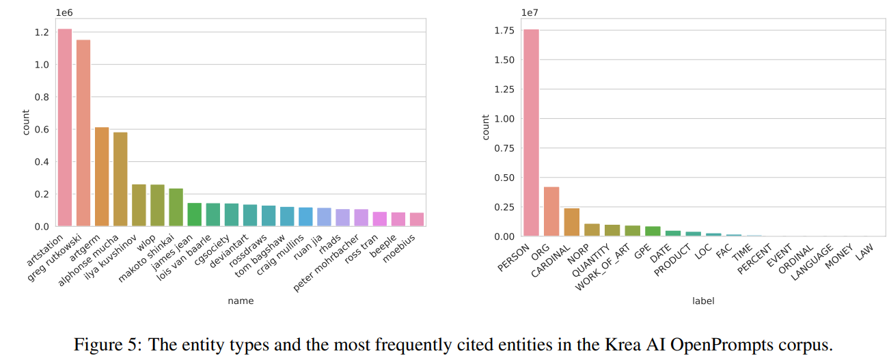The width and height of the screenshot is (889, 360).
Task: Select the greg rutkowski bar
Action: tap(83, 133)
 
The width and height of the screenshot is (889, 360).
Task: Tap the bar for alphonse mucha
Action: tap(120, 179)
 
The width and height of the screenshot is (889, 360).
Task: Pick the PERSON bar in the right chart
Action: tap(531, 133)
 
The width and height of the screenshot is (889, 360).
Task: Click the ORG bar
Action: tap(551, 211)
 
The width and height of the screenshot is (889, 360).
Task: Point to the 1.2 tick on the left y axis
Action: tap(41, 32)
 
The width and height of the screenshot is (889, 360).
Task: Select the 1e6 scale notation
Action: tap(66, 12)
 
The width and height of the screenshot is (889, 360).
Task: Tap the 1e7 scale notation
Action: tap(531, 12)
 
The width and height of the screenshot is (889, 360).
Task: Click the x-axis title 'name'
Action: tap(241, 301)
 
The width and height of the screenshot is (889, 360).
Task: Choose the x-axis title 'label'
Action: tap(703, 301)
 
